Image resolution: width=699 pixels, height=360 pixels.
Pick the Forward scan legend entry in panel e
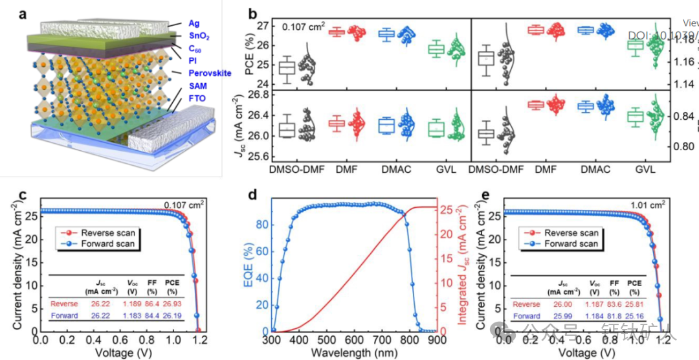(570, 244)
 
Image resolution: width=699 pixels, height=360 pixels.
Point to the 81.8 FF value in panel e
(615, 316)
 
